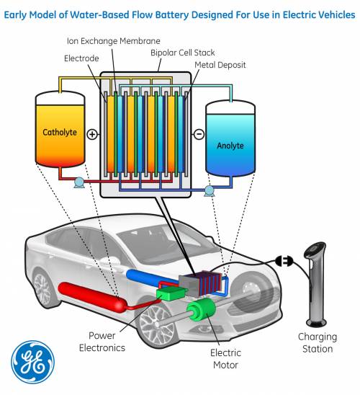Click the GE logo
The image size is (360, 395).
click(x=33, y=360)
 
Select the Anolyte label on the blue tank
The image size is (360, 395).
click(x=230, y=146)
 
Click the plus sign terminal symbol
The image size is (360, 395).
click(x=92, y=134)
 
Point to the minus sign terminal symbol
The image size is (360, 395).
click(x=199, y=134)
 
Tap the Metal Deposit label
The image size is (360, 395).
click(x=220, y=65)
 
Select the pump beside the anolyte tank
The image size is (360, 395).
click(x=210, y=190)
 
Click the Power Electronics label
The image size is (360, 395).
click(x=106, y=342)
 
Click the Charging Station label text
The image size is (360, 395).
click(x=317, y=343)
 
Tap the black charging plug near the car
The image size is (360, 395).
click(x=284, y=261)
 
